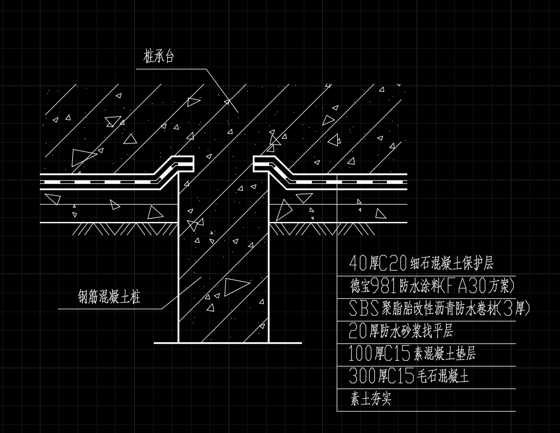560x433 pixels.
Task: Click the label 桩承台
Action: tap(159, 57)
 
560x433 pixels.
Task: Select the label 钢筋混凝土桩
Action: tap(109, 298)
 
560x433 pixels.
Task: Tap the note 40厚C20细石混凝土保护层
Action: tap(421, 264)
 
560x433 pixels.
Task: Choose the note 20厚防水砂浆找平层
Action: tap(401, 331)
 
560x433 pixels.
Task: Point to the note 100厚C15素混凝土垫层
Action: tap(412, 353)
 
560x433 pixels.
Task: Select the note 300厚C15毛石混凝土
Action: tap(409, 376)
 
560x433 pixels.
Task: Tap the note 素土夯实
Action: tap(371, 399)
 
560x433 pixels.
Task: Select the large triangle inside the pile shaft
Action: tap(237, 286)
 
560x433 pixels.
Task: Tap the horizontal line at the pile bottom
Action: tap(228, 343)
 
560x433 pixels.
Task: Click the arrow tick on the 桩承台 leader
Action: tap(228, 102)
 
